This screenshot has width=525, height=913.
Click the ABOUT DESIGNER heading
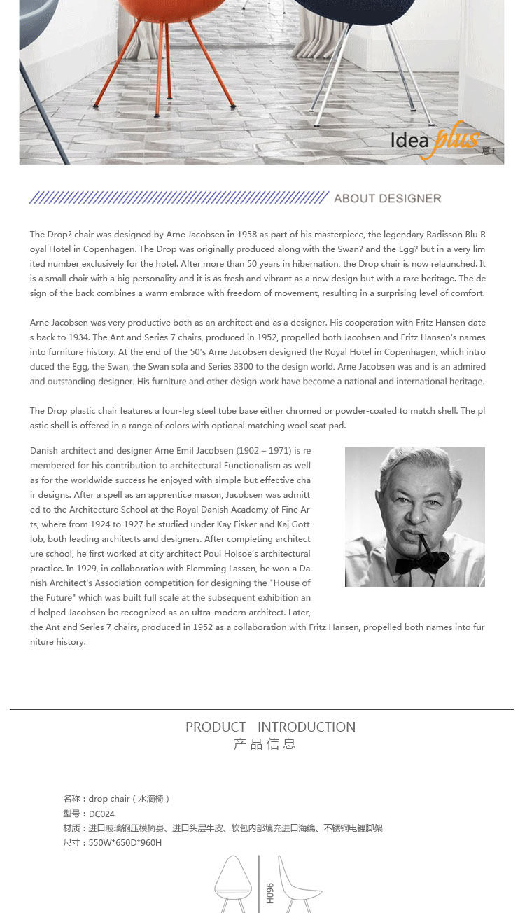387,198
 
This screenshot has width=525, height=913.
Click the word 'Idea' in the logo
409,141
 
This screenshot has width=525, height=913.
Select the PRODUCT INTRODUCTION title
270,727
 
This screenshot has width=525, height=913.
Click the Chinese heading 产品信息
265,744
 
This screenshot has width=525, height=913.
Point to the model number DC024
101,814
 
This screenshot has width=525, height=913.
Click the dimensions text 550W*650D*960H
125,843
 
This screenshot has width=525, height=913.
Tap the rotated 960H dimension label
269,893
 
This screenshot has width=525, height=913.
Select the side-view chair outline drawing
297,884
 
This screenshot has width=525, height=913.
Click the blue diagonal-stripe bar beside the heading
178,198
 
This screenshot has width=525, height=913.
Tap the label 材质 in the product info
72,828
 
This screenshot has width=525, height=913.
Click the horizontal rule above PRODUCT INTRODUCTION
262,709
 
